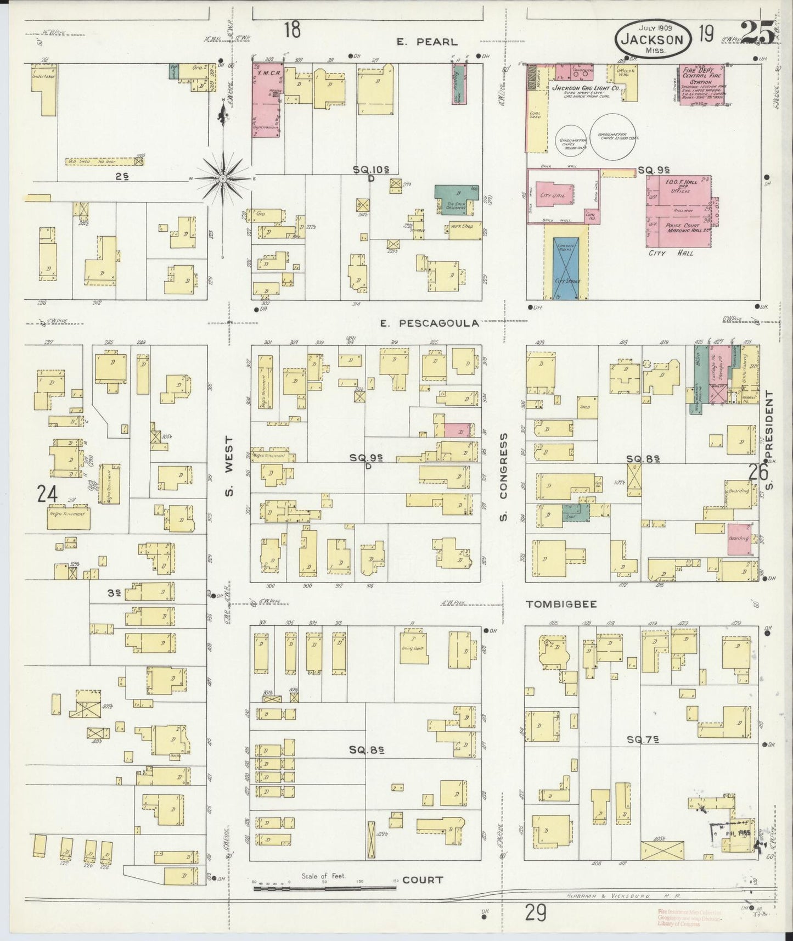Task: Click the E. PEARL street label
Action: (x=428, y=42)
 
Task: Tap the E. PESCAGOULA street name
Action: (x=429, y=324)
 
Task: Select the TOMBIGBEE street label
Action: (x=561, y=604)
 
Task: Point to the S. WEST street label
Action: (x=230, y=466)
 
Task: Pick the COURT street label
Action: (x=423, y=880)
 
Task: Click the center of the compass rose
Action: (x=223, y=179)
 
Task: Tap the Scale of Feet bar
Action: (x=324, y=886)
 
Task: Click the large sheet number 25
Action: (x=757, y=33)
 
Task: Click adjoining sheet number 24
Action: (x=47, y=495)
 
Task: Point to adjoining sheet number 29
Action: (x=535, y=912)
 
